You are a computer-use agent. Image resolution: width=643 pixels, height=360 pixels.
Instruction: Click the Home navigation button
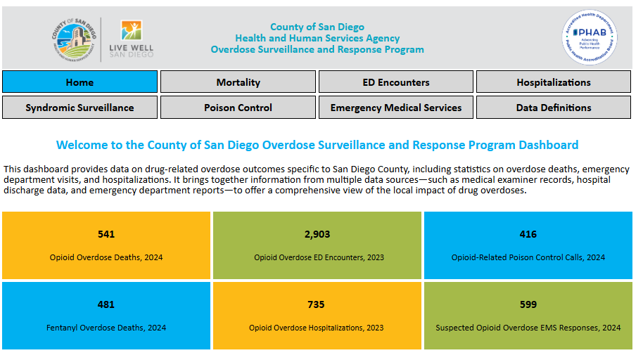(x=79, y=82)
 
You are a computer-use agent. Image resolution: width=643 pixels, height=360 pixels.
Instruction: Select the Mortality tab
(x=238, y=82)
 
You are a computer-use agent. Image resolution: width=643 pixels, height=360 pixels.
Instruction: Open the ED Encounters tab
(x=395, y=82)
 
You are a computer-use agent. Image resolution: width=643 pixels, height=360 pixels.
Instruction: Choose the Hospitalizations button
(x=553, y=82)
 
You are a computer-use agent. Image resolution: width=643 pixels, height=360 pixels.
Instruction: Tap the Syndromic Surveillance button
(x=79, y=108)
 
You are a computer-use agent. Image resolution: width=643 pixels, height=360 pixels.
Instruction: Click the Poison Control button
(x=238, y=108)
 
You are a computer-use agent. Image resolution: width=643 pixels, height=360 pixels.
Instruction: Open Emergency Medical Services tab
(x=395, y=108)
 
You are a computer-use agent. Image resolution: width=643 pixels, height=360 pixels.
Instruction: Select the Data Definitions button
(x=553, y=108)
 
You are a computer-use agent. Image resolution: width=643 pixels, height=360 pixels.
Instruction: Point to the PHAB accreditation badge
(x=590, y=37)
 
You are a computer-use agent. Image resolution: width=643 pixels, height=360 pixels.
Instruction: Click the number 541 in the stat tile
(x=106, y=234)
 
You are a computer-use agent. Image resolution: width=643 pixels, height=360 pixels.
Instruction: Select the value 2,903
(x=317, y=234)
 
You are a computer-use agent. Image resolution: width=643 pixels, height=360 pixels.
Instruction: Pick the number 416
(x=528, y=234)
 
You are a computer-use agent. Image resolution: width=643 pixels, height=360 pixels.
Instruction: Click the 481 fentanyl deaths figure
(x=106, y=304)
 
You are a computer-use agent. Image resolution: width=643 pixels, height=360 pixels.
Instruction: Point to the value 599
(x=528, y=304)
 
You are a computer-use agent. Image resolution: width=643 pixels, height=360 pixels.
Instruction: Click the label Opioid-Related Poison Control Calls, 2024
(x=528, y=257)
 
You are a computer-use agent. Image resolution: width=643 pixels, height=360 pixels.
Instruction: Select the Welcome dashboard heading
(x=317, y=145)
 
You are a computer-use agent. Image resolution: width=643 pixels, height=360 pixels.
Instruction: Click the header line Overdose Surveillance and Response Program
(x=317, y=50)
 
